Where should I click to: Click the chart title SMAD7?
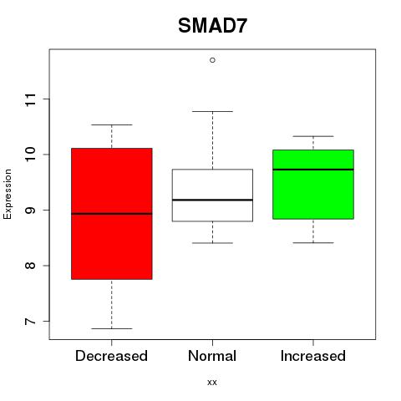click(x=212, y=26)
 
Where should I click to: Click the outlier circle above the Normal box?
click(x=212, y=60)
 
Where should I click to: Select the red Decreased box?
click(x=112, y=214)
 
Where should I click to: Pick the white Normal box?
click(x=212, y=195)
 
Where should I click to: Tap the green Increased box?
click(x=313, y=185)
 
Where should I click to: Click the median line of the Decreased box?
click(x=112, y=214)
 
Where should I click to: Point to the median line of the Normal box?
click(x=212, y=200)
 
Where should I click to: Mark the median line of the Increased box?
click(x=313, y=170)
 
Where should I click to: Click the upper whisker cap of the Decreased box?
click(x=112, y=124)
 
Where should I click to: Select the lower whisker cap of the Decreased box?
click(x=112, y=328)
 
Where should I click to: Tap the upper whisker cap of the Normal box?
click(x=212, y=111)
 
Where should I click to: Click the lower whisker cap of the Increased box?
click(x=313, y=243)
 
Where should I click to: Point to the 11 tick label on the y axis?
click(x=30, y=99)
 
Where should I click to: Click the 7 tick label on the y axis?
click(x=30, y=322)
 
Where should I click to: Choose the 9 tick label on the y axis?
click(x=30, y=211)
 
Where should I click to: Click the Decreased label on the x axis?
click(x=111, y=356)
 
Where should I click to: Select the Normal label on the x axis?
click(x=212, y=356)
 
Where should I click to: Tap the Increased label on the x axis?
click(x=313, y=356)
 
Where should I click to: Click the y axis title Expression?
click(x=8, y=194)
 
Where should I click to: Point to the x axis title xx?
click(x=212, y=383)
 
